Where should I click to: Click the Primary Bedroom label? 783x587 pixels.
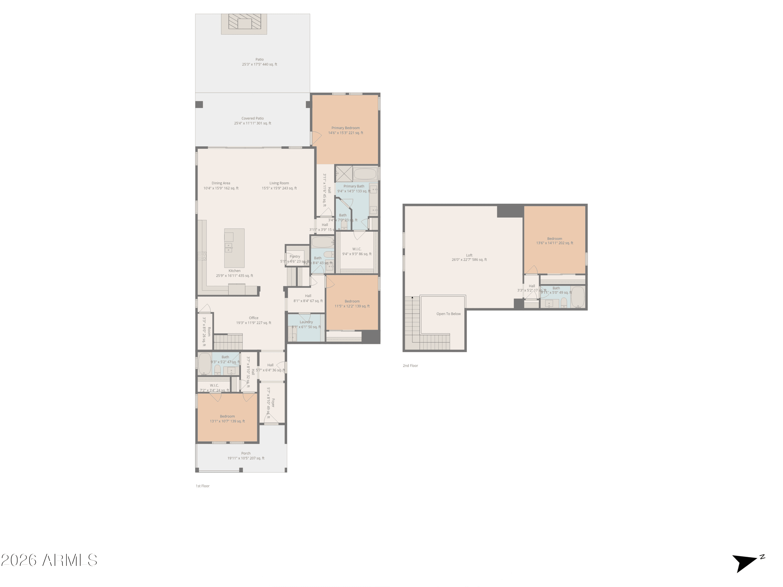pyautogui.click(x=346, y=128)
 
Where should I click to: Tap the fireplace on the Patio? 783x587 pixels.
pyautogui.click(x=244, y=24)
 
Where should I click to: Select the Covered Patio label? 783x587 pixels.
pyautogui.click(x=252, y=118)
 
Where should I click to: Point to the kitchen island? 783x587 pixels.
pyautogui.click(x=234, y=248)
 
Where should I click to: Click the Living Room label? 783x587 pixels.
pyautogui.click(x=279, y=183)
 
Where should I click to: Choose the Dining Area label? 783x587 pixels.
pyautogui.click(x=221, y=183)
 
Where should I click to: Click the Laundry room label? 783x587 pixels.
pyautogui.click(x=306, y=322)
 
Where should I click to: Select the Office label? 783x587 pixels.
pyautogui.click(x=253, y=318)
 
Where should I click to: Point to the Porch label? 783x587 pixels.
pyautogui.click(x=246, y=453)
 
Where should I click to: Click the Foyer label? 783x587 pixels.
pyautogui.click(x=272, y=403)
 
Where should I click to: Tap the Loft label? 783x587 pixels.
pyautogui.click(x=469, y=255)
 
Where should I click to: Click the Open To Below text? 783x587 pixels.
pyautogui.click(x=448, y=314)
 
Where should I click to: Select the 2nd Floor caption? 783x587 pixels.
pyautogui.click(x=410, y=366)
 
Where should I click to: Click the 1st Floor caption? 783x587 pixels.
pyautogui.click(x=203, y=486)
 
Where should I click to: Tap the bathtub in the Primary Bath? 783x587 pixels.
pyautogui.click(x=365, y=174)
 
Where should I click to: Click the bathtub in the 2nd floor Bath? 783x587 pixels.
pyautogui.click(x=577, y=297)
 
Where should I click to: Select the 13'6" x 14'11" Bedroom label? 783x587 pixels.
pyautogui.click(x=554, y=239)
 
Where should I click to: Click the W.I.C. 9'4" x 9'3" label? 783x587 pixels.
pyautogui.click(x=357, y=249)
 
